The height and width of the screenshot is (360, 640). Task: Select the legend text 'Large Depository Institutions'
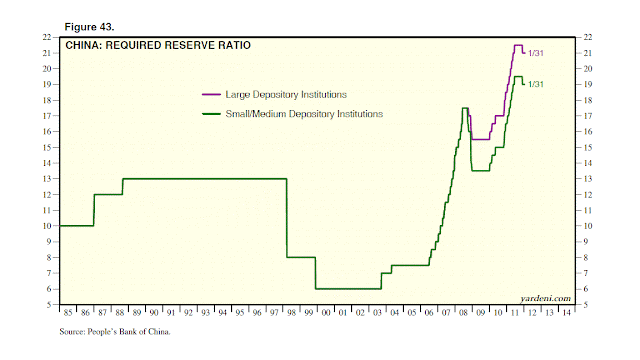tap(285, 93)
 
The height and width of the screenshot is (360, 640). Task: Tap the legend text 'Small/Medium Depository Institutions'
tap(304, 114)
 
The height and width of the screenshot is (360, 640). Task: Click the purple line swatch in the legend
tap(210, 93)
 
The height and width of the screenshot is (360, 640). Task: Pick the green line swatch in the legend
tap(210, 114)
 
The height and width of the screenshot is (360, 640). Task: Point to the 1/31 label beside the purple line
tap(536, 52)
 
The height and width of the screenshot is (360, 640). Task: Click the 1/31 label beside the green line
tap(536, 84)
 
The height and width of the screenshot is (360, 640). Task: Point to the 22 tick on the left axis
tap(47, 37)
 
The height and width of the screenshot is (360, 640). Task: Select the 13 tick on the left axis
tap(47, 179)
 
